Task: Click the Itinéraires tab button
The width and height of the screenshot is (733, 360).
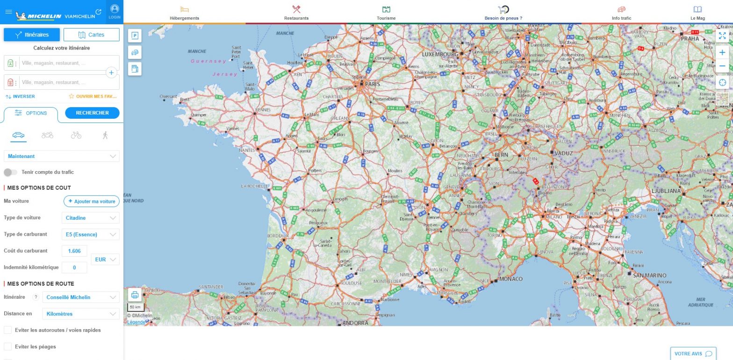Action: [32, 35]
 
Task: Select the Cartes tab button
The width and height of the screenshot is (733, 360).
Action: [92, 35]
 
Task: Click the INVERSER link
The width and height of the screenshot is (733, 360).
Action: [20, 96]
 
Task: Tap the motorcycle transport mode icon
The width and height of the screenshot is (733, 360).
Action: [47, 135]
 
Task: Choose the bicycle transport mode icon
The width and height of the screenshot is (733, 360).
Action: [76, 135]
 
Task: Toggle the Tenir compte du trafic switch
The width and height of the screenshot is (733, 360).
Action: [10, 172]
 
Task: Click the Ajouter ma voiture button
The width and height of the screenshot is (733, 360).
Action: [92, 201]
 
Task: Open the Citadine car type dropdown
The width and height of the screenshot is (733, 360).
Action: [91, 218]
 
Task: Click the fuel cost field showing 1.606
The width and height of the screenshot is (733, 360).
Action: [74, 251]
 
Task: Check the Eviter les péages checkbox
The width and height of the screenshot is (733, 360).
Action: [8, 346]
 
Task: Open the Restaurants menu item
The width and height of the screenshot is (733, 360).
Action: [296, 13]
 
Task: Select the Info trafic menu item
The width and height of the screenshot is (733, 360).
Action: [621, 13]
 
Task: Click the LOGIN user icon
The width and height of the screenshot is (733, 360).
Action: [115, 12]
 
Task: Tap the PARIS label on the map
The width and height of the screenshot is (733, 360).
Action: [373, 84]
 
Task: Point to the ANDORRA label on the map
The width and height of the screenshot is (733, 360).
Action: [355, 323]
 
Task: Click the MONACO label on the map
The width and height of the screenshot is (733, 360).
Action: [511, 279]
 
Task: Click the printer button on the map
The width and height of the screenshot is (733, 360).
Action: [135, 295]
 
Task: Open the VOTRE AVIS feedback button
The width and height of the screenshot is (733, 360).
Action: [693, 353]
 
